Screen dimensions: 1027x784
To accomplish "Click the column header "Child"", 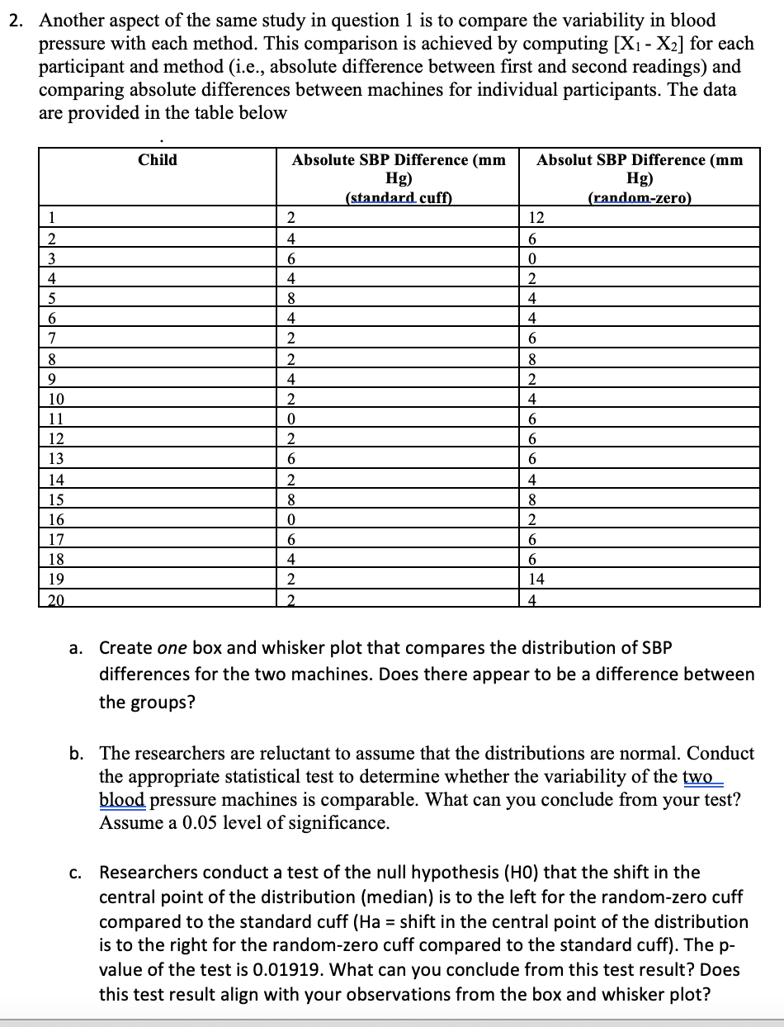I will tap(157, 160).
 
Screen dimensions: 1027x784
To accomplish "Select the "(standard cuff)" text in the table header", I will tap(399, 197).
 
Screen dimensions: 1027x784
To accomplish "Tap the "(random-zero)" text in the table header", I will tap(639, 197).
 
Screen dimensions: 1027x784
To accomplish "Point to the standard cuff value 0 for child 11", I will tap(290, 418).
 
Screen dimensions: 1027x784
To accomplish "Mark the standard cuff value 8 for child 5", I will tap(290, 297).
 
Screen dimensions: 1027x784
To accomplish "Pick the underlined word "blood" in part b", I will tap(123, 800).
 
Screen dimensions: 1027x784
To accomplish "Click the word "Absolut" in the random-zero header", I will tap(566, 160).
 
